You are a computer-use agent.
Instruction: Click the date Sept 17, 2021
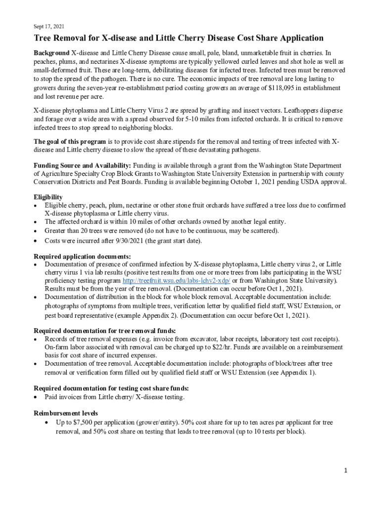[48, 26]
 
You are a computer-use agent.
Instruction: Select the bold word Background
[51, 52]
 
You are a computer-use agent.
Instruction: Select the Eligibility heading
[48, 197]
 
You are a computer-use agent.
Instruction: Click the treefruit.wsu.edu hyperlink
[176, 281]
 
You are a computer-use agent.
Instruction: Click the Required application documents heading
[82, 256]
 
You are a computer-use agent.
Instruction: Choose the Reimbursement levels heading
[65, 413]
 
